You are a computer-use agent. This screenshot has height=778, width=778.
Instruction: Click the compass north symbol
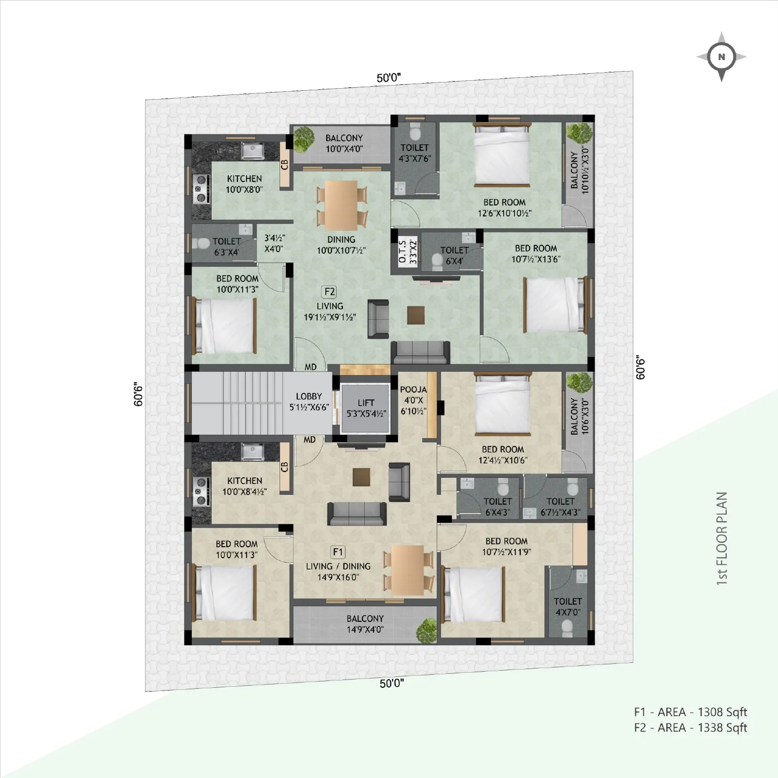click(721, 57)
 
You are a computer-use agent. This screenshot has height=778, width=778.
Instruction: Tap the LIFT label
click(366, 402)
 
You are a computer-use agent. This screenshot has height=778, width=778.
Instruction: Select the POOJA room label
click(413, 390)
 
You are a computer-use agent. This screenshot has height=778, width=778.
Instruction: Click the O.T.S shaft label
click(402, 251)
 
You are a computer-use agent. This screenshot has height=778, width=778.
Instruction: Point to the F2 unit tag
click(329, 291)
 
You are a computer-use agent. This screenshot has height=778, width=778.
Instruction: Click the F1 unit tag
click(338, 552)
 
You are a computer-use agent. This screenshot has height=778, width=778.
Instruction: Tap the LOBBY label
click(309, 396)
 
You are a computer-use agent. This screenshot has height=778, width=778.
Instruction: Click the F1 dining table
click(408, 571)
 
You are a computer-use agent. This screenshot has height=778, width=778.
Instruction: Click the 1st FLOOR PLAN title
click(721, 538)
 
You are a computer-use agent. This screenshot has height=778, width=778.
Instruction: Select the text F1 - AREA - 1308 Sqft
click(690, 712)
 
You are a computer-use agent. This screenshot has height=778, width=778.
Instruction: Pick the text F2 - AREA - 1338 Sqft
click(690, 728)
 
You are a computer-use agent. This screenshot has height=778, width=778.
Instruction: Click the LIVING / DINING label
click(338, 566)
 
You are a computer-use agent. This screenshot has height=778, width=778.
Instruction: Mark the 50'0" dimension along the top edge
click(388, 78)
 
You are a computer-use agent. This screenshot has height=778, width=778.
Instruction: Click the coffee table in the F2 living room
click(416, 315)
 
